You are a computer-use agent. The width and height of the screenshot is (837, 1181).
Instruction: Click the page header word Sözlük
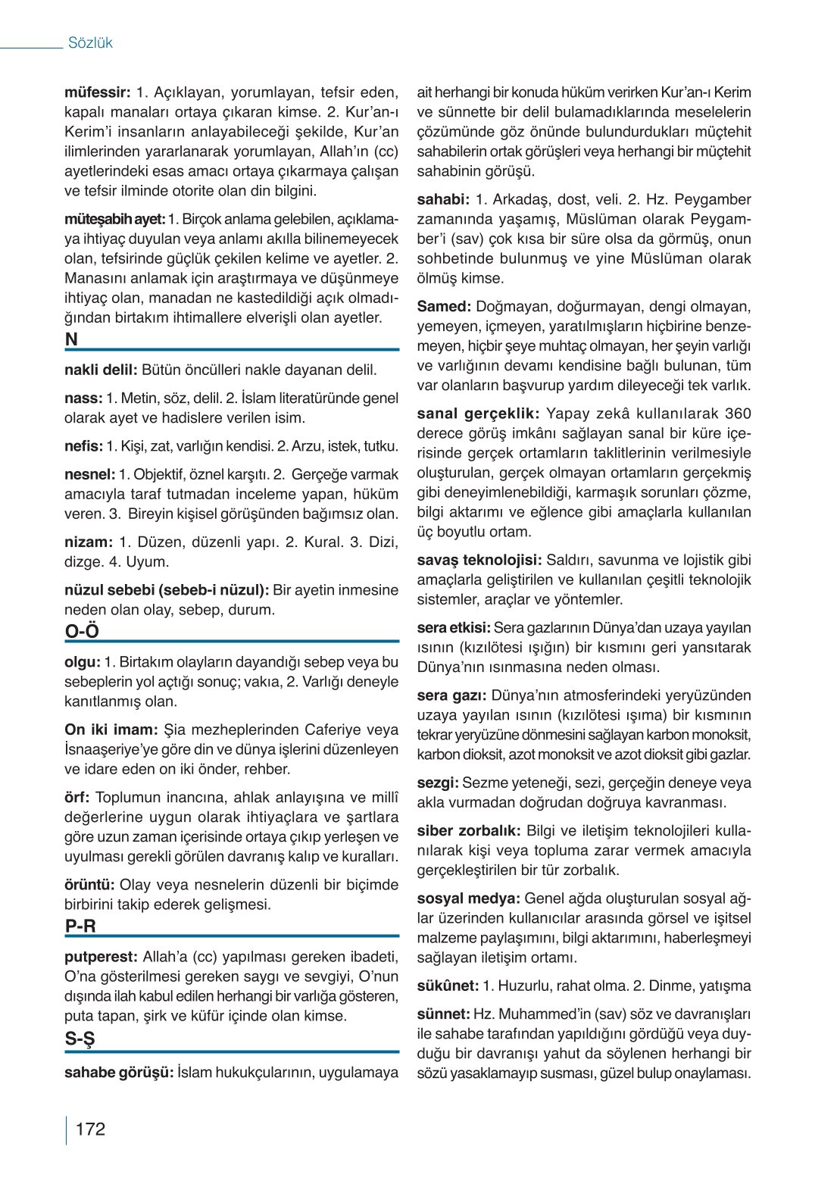tap(90, 43)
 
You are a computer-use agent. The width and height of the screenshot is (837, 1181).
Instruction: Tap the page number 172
tap(90, 1129)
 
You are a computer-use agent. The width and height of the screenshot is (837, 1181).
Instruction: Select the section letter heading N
tap(71, 340)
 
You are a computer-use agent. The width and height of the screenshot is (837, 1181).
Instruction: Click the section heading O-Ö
tap(82, 632)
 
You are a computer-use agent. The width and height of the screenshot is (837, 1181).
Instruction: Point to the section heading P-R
tap(80, 926)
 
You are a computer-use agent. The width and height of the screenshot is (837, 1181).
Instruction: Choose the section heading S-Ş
tap(80, 1039)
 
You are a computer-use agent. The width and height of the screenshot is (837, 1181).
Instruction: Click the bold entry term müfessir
tap(98, 93)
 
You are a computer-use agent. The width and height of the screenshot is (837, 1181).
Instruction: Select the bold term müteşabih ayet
tap(114, 220)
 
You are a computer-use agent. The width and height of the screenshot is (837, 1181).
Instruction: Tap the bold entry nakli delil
tap(101, 370)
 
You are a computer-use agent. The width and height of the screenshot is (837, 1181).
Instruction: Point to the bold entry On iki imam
tap(111, 730)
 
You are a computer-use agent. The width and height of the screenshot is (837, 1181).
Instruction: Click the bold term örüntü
tap(89, 885)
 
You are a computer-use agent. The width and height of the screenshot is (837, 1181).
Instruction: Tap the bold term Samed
tap(444, 307)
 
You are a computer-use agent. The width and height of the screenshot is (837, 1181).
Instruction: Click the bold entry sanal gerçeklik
tap(478, 414)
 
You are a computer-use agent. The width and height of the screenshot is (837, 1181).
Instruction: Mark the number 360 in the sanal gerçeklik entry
tap(737, 414)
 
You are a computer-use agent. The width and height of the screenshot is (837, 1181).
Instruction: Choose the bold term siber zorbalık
tap(468, 830)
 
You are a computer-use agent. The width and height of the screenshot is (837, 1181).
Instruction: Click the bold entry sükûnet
tap(448, 986)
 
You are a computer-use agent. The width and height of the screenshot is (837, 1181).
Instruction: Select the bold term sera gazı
tap(451, 695)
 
